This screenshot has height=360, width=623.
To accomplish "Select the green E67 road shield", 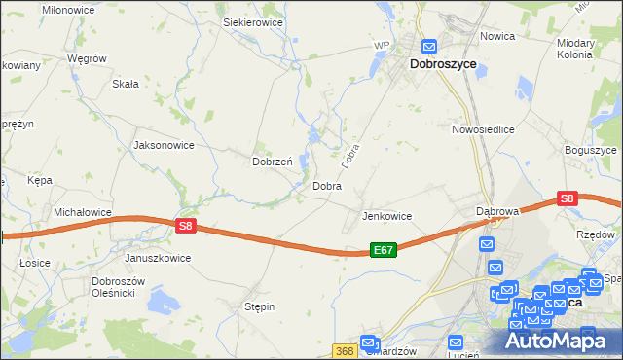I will (384, 250).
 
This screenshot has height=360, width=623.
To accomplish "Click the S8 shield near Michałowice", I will (187, 226).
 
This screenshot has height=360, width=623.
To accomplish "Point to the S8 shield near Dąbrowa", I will (569, 198).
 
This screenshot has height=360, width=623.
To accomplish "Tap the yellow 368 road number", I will (344, 350).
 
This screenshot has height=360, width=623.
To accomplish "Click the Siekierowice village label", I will (253, 20).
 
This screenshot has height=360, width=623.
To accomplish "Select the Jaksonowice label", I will (164, 145).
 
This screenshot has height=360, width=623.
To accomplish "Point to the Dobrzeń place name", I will (273, 162).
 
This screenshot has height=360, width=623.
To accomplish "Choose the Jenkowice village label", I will (386, 216).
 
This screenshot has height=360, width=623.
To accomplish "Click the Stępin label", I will (259, 306).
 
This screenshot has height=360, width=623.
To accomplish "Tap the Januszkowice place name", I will (158, 259).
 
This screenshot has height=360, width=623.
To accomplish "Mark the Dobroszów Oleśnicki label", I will (118, 287).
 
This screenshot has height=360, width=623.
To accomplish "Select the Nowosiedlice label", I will (483, 128).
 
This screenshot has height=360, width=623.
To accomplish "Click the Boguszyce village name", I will (591, 151).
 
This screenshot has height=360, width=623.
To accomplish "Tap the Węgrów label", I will (86, 58).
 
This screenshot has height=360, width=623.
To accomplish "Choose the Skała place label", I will (126, 84).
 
